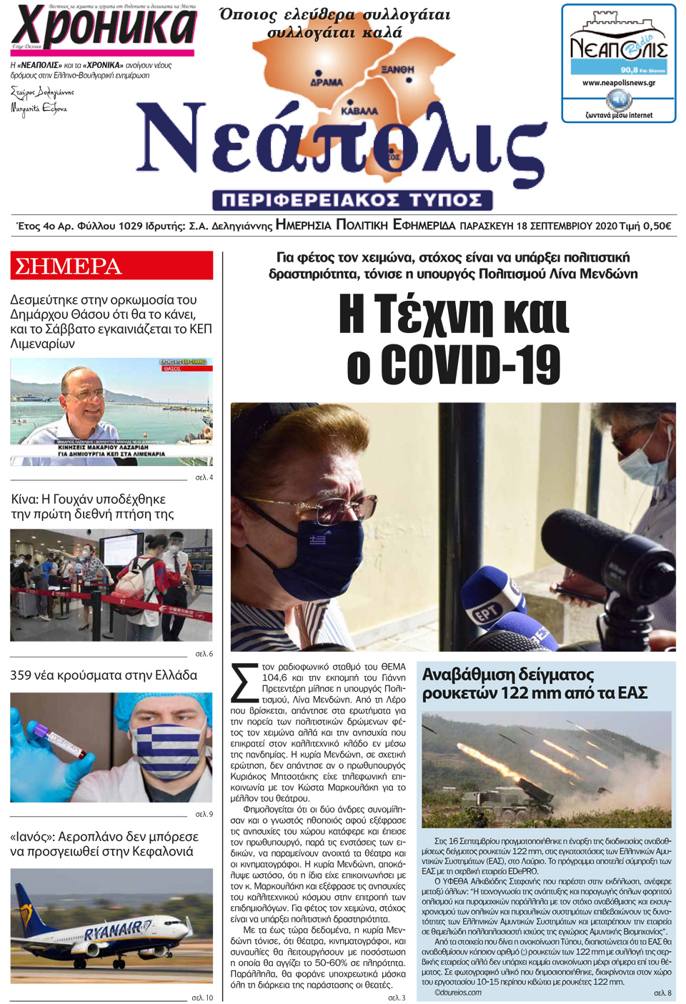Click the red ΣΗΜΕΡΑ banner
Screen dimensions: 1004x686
(x=111, y=266)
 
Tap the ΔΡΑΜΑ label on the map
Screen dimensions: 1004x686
(x=326, y=82)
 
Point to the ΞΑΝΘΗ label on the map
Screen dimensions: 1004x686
(x=397, y=69)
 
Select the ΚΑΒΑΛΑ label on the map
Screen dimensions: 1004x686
(x=359, y=111)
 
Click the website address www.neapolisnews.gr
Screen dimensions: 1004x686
(x=618, y=83)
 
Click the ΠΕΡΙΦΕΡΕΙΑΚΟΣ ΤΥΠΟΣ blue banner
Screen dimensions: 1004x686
(x=352, y=199)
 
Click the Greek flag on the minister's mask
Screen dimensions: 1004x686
(x=317, y=540)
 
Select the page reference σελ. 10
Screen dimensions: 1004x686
(x=202, y=998)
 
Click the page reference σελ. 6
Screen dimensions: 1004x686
(x=204, y=654)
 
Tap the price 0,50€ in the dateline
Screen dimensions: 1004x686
(x=657, y=226)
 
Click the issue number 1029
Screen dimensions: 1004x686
(x=130, y=226)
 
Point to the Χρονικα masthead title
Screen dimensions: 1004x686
(x=103, y=27)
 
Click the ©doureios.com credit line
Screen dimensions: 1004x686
(x=457, y=993)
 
